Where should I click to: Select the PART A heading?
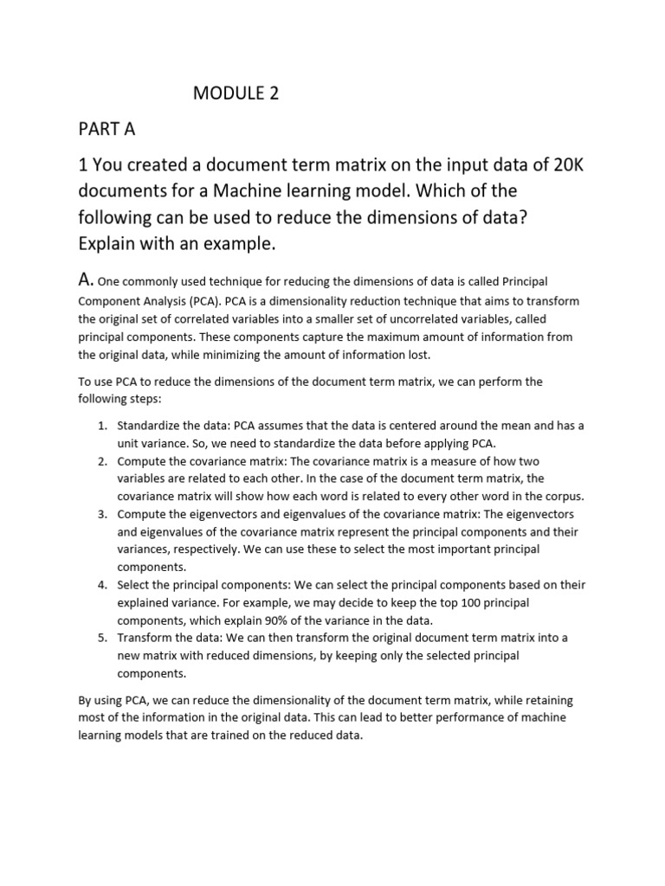pos(107,130)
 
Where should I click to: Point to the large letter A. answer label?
pos(86,280)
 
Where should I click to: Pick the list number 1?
pos(100,425)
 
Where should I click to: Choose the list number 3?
pos(100,513)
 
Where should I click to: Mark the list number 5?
pos(100,638)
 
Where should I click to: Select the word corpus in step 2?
pos(564,496)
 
